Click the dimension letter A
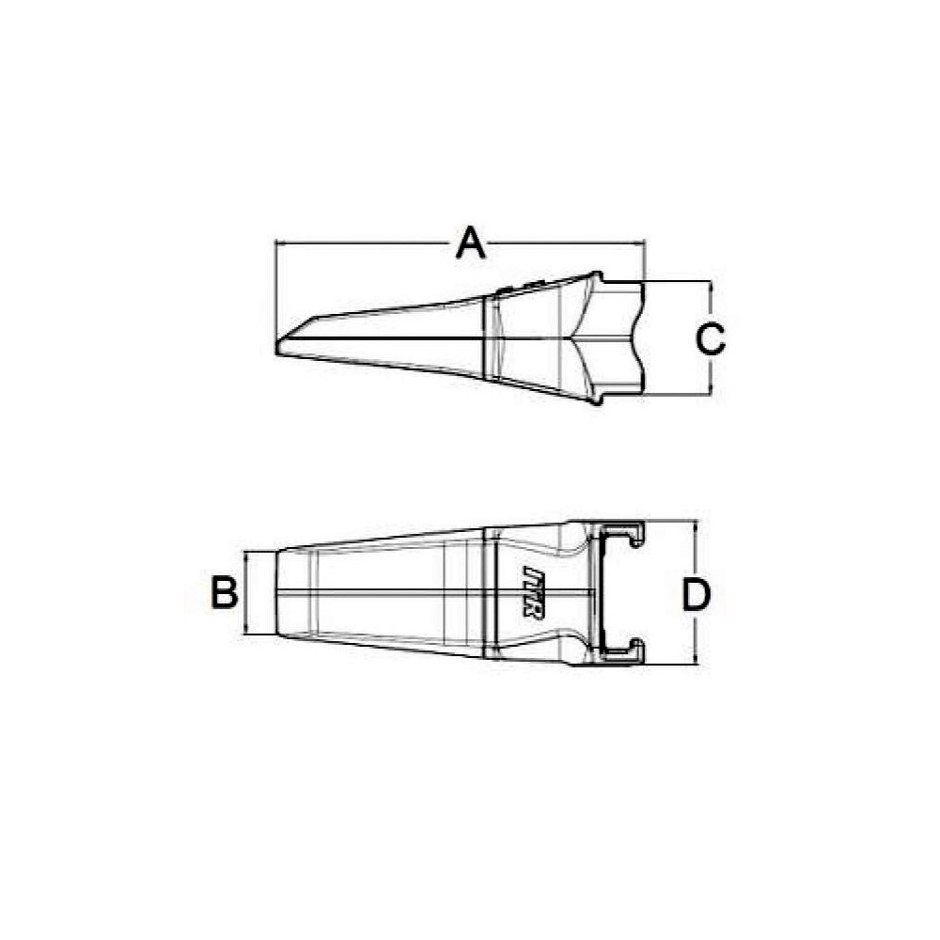(x=470, y=243)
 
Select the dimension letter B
(x=223, y=593)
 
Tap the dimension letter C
(x=711, y=338)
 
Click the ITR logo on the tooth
(x=531, y=591)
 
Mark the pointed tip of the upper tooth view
(x=278, y=343)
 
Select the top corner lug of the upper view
(x=596, y=278)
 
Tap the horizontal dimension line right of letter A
(x=564, y=244)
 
